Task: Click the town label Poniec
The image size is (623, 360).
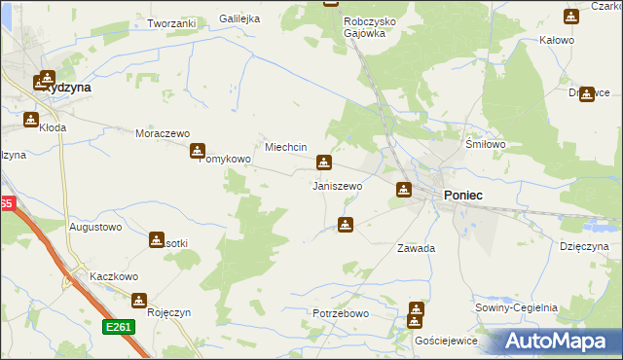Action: pyautogui.click(x=463, y=196)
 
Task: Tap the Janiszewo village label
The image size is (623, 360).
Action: pyautogui.click(x=337, y=185)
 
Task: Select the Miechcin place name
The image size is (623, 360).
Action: pyautogui.click(x=286, y=147)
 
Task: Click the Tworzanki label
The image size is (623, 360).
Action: pyautogui.click(x=171, y=22)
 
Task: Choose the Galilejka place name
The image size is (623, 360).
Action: pyautogui.click(x=239, y=18)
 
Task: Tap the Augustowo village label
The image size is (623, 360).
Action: pyautogui.click(x=95, y=227)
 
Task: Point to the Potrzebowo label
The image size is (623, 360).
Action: pyautogui.click(x=340, y=313)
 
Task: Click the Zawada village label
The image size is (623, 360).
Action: pyautogui.click(x=416, y=248)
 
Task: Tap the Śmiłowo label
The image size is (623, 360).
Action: pyautogui.click(x=486, y=143)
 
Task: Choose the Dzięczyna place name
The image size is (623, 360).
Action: pyautogui.click(x=584, y=247)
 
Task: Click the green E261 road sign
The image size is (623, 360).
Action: pyautogui.click(x=119, y=328)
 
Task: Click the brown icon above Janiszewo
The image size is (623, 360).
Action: pyautogui.click(x=324, y=162)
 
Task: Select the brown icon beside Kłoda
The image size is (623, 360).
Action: pyautogui.click(x=30, y=121)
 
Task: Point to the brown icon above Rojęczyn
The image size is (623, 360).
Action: pyautogui.click(x=138, y=301)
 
